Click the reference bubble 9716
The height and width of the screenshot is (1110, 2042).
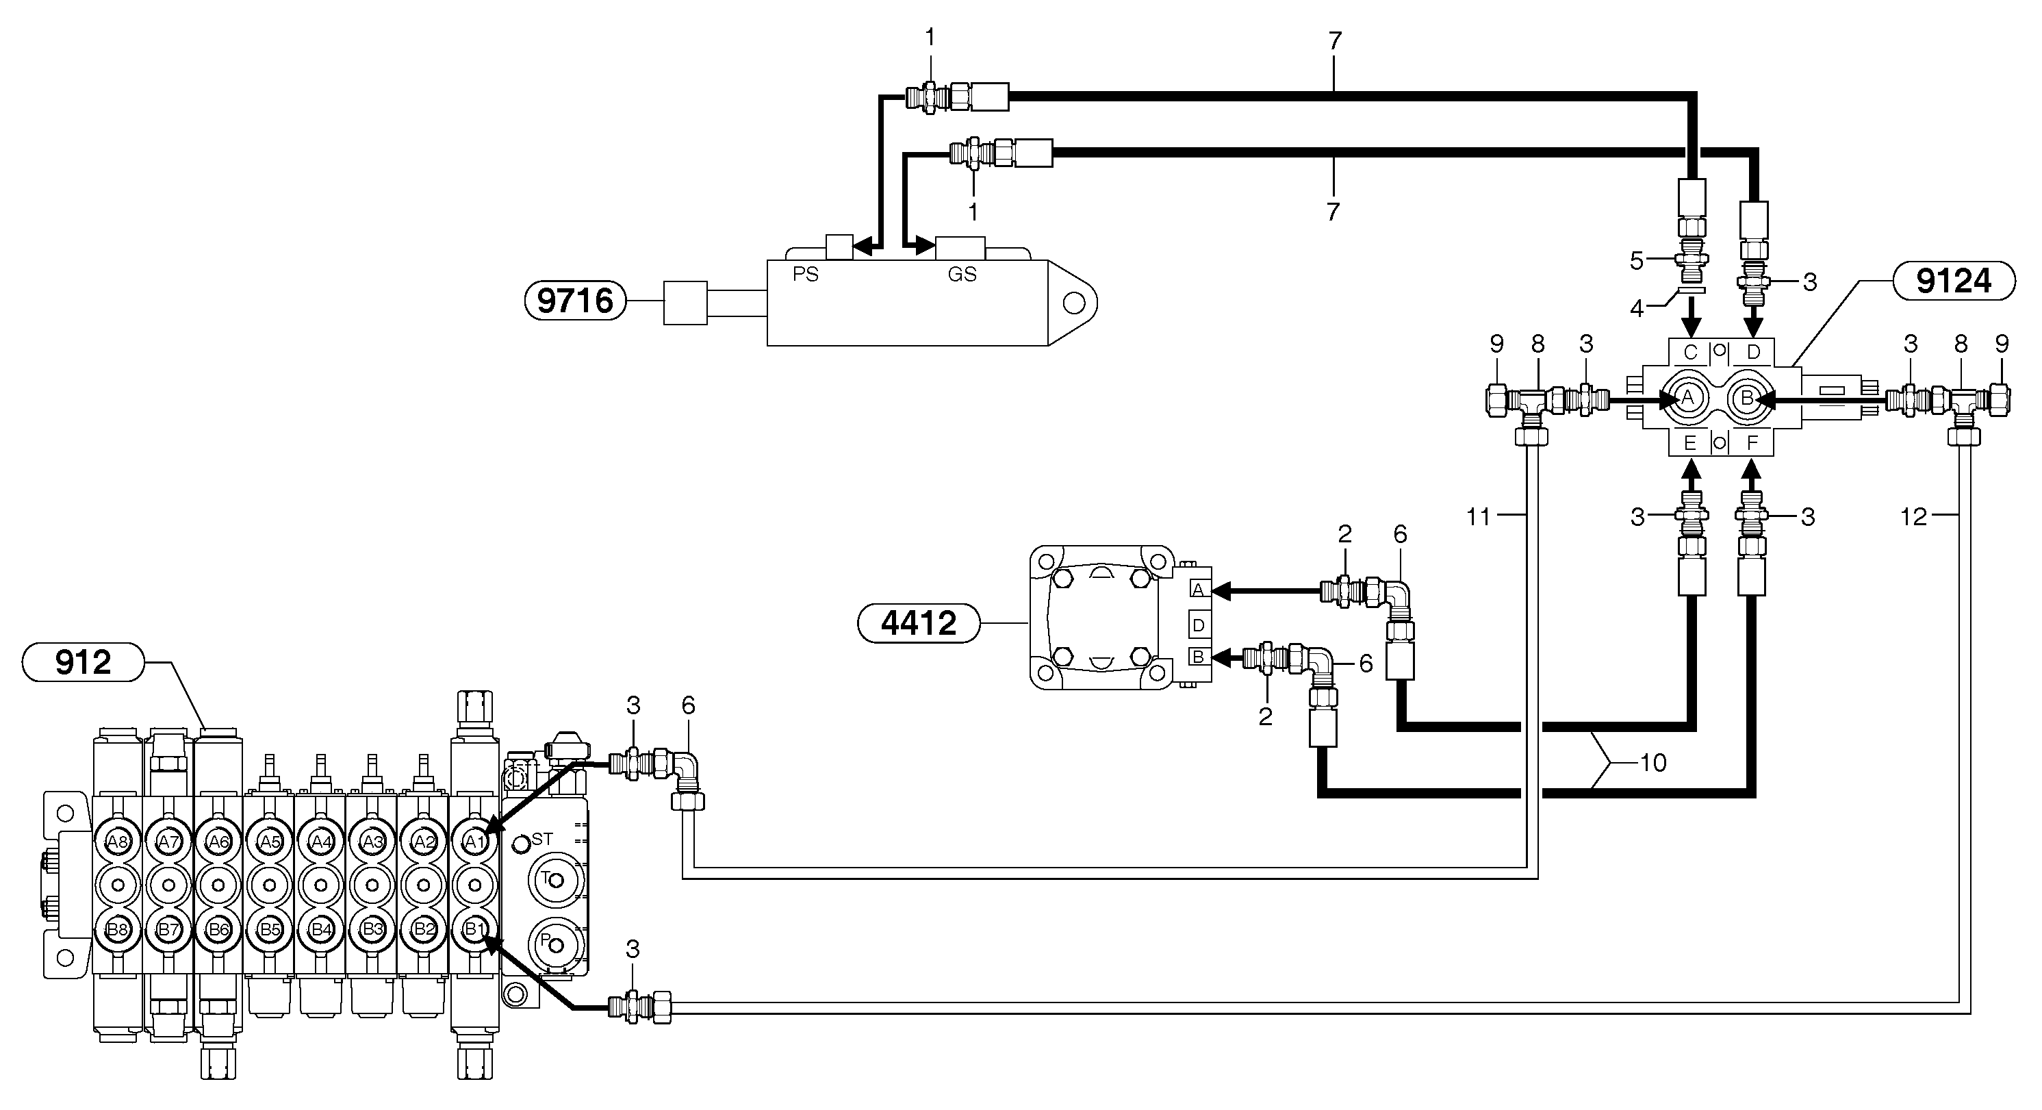[x=576, y=301]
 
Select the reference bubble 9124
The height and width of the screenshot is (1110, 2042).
[x=1953, y=281]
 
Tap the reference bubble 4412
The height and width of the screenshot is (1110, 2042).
[x=919, y=623]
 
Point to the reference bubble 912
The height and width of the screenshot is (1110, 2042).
[x=84, y=662]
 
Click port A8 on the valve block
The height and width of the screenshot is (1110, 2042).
[x=117, y=842]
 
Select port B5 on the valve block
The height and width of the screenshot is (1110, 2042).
[x=270, y=929]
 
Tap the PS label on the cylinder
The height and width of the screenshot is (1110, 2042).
[x=806, y=275]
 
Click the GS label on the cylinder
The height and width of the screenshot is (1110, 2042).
[x=962, y=275]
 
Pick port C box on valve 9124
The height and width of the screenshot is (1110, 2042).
[x=1690, y=352]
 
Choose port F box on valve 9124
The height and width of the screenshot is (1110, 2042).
[x=1752, y=442]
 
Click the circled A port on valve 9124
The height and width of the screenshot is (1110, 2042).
[x=1687, y=397]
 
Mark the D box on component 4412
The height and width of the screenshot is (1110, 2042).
[x=1199, y=625]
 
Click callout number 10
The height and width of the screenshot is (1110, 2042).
[x=1652, y=763]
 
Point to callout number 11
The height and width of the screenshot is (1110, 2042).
[x=1479, y=517]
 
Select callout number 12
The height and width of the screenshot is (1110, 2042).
[x=1913, y=517]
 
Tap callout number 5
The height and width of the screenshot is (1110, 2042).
[x=1637, y=261]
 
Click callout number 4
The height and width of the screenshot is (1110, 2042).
[x=1637, y=308]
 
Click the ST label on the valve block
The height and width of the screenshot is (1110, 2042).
[x=542, y=839]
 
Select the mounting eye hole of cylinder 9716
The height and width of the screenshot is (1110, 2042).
[x=1074, y=303]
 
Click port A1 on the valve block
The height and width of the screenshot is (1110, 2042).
[x=474, y=842]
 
